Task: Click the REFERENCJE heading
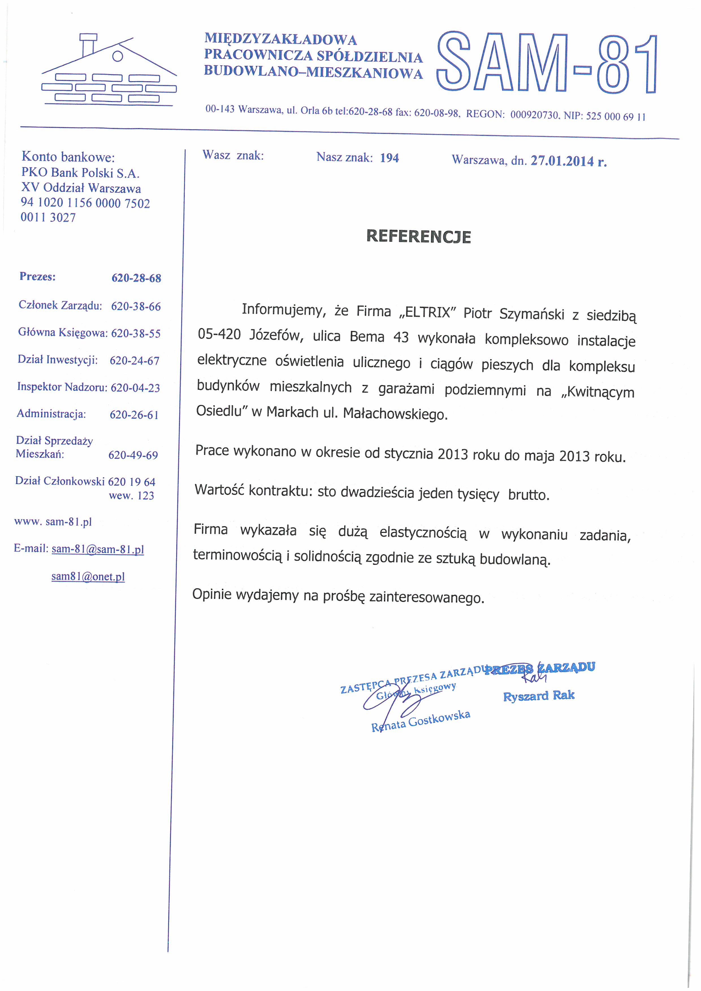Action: coord(418,237)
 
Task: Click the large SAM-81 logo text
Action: coord(547,63)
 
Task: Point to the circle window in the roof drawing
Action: coord(117,56)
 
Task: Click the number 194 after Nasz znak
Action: coord(389,158)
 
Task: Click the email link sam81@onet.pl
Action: coord(88,577)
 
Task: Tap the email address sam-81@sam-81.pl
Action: coord(98,549)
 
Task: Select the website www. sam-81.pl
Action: coord(53,522)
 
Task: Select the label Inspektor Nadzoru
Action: coord(62,387)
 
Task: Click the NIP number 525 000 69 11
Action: coord(616,116)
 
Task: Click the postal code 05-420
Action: coord(219,334)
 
